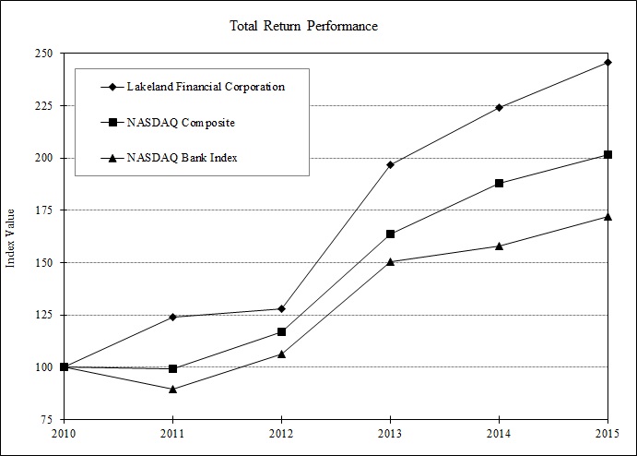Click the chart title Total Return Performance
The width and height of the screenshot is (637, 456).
303,26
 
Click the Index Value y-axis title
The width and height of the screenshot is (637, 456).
11,237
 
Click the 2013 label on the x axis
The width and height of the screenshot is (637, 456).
390,433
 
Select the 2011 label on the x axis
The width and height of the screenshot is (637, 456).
172,433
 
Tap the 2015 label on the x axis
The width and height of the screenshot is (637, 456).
607,433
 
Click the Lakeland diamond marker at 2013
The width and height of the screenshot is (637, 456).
390,164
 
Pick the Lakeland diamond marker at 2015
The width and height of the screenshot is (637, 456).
607,62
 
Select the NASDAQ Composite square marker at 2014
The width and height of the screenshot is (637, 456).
499,183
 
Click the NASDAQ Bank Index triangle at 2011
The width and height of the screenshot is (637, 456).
172,389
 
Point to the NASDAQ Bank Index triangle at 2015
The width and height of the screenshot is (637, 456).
607,216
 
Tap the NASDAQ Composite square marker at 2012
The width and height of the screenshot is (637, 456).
281,331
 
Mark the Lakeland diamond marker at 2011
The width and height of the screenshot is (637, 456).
172,317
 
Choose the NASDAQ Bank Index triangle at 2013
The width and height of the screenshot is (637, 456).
390,261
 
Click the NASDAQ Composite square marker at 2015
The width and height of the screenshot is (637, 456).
607,154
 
